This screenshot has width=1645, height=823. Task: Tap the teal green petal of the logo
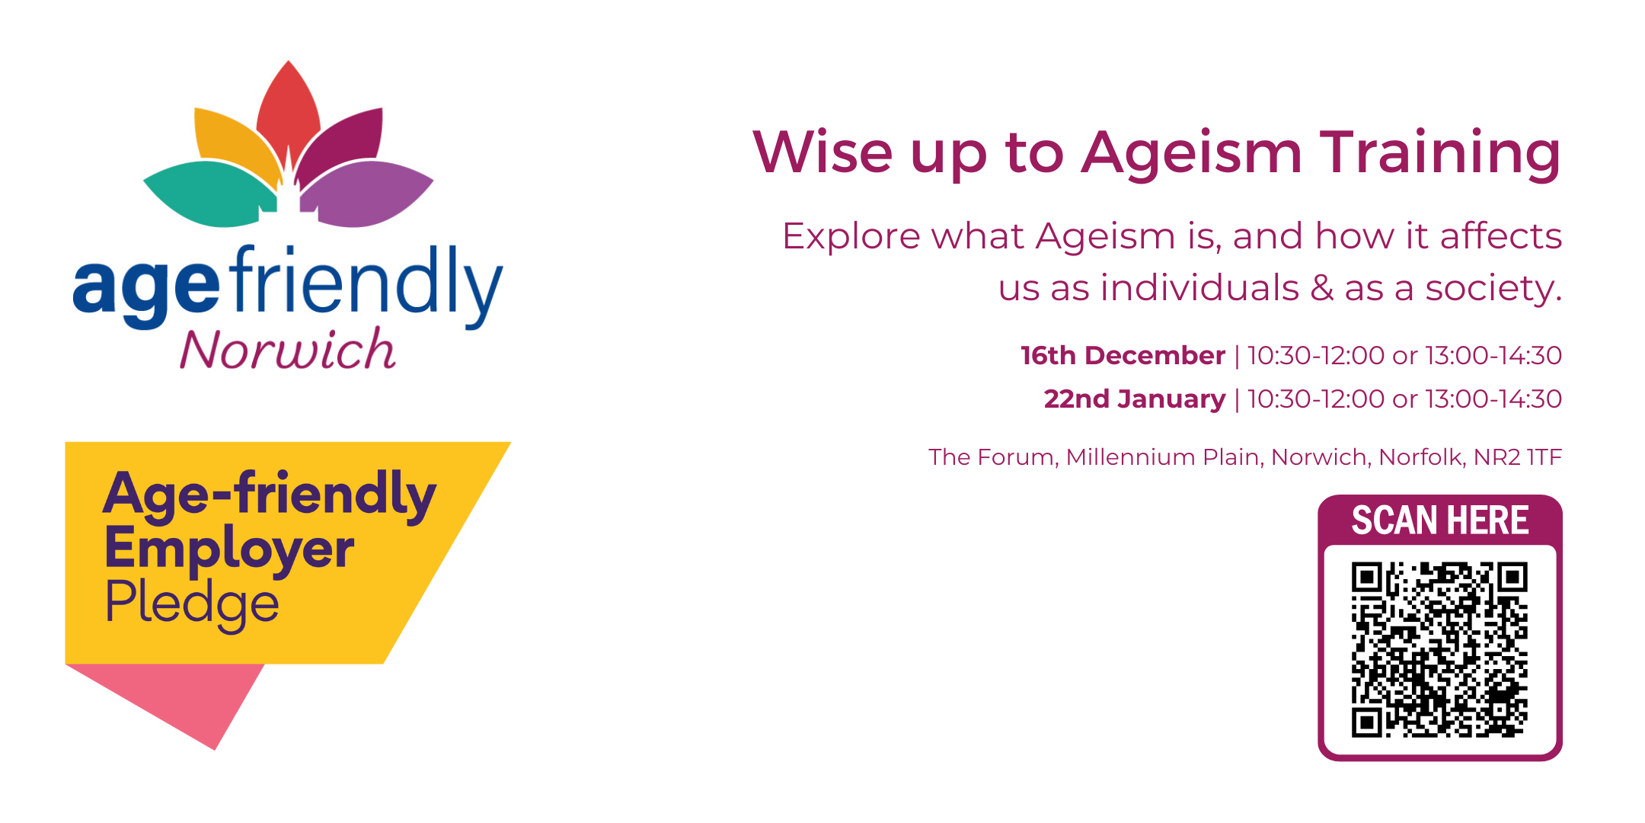pos(206,194)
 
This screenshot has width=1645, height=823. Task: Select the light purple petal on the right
pos(369,194)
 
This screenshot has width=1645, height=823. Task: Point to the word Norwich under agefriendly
pos(287,351)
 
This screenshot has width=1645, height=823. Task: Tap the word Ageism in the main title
pos(1192,152)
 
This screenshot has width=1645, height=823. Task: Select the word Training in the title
pos(1439,152)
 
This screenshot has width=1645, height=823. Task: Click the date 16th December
pos(1123,356)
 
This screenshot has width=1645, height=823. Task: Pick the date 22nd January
pos(1134,399)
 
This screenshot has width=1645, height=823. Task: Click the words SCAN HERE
pos(1439,520)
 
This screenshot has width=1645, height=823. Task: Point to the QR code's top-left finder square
pos(1366,578)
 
